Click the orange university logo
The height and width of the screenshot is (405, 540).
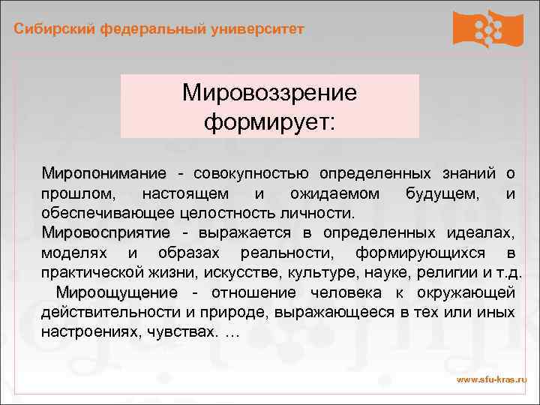(x=487, y=29)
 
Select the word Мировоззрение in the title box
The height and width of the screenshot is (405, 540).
(x=269, y=94)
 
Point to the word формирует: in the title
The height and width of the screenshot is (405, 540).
(x=269, y=120)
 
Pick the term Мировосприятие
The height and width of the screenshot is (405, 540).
(x=106, y=232)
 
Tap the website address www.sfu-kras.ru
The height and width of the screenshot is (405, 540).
(x=492, y=380)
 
